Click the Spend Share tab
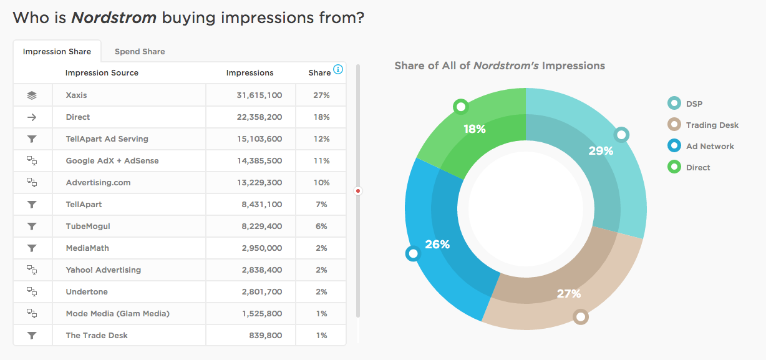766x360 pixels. tap(140, 51)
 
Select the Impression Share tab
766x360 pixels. tap(57, 51)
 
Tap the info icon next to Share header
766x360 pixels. tap(338, 69)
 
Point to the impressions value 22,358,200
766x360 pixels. tap(255, 117)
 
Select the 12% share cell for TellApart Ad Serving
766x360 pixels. tap(321, 139)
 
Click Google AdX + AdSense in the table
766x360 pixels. tap(112, 160)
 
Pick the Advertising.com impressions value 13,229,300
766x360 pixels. tap(255, 182)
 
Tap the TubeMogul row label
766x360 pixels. tap(88, 226)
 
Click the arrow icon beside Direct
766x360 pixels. tap(32, 117)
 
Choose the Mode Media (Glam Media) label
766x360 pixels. tap(118, 313)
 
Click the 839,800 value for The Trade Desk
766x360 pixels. tap(265, 335)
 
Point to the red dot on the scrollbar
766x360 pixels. tap(358, 191)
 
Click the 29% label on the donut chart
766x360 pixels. tap(601, 150)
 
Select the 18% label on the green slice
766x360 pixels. tap(475, 129)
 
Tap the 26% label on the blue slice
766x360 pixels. tap(437, 244)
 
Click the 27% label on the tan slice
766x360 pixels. tap(568, 293)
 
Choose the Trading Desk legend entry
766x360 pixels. tap(712, 125)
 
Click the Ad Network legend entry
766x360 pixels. tap(710, 146)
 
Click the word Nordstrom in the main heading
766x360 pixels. tap(114, 17)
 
